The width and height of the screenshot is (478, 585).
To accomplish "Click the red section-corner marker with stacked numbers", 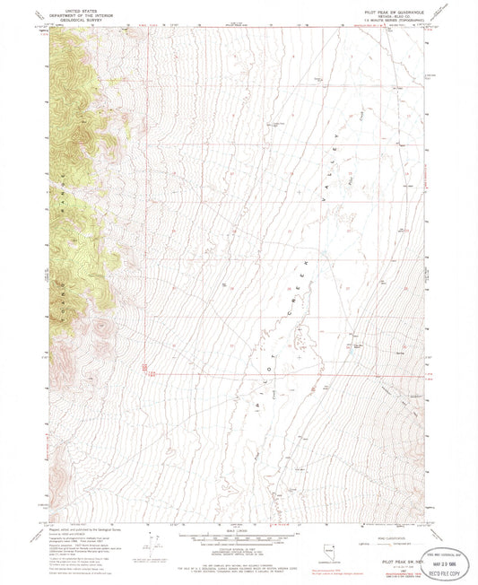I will [144, 367].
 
